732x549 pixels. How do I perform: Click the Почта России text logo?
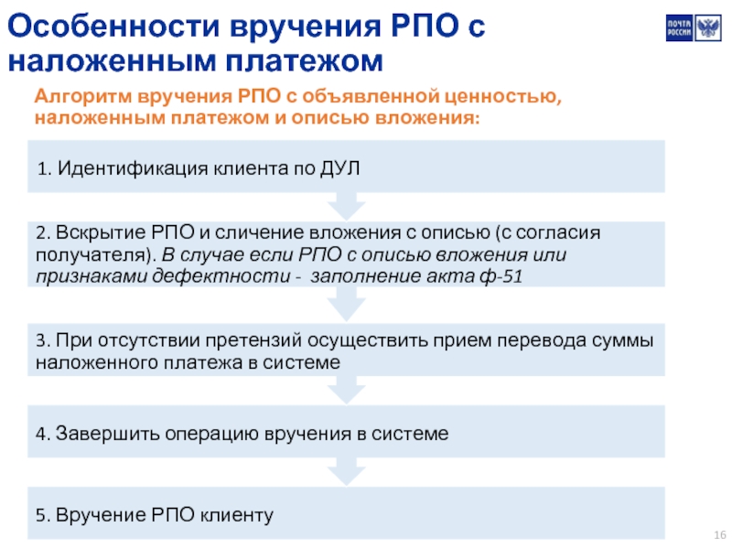tap(679, 28)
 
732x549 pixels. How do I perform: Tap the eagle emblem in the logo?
tap(708, 28)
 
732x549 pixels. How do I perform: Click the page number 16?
tap(720, 534)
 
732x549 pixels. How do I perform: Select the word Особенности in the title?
tap(113, 26)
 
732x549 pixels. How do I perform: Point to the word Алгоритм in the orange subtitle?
tap(83, 97)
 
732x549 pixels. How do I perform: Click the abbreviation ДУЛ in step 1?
tap(339, 168)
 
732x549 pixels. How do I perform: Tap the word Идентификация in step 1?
tap(133, 168)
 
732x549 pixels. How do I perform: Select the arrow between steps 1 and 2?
tap(346, 206)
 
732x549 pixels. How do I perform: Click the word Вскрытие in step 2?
tap(101, 232)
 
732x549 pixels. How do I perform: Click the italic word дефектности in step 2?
tap(221, 276)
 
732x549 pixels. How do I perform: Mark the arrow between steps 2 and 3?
tap(346, 304)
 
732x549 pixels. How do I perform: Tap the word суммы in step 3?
tap(622, 340)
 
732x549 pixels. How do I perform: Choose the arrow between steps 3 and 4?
tap(346, 390)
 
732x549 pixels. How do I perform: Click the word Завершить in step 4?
tap(108, 434)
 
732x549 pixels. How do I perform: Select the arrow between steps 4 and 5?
tap(346, 471)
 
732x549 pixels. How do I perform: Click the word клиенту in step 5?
tap(237, 515)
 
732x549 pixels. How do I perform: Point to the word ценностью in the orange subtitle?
tap(502, 97)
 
